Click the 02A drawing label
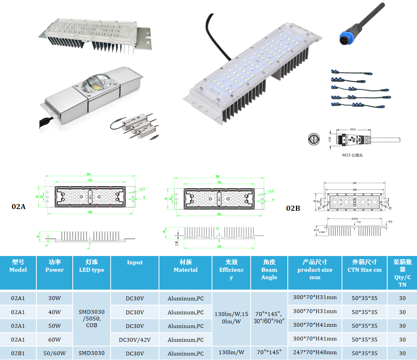point(19,206)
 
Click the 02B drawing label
point(293,208)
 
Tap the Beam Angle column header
point(269,270)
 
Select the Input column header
point(135,263)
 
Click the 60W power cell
point(55,340)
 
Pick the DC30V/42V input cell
point(135,340)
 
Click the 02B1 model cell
point(18,353)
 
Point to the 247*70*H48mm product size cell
point(314,352)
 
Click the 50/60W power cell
point(55,353)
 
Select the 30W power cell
point(55,298)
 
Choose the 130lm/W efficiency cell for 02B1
point(231,352)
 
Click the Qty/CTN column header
point(402,273)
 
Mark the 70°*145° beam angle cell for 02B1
point(269,352)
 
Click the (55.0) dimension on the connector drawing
point(352,130)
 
